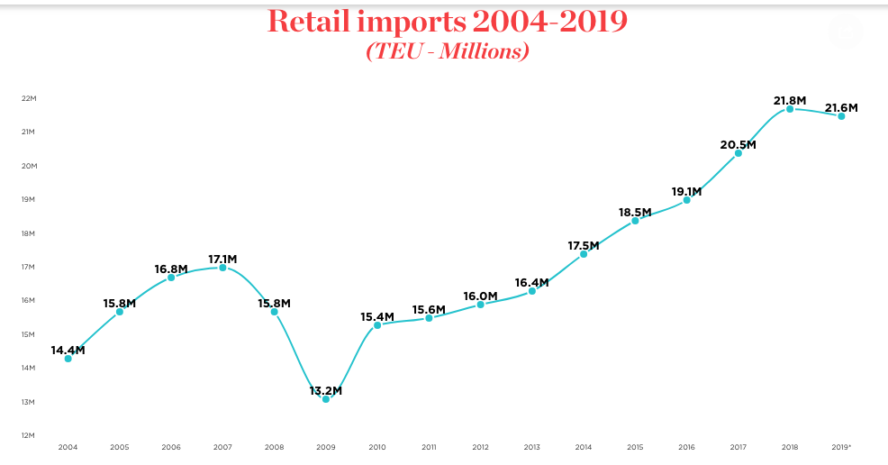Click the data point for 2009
tap(326, 398)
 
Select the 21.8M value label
tap(790, 100)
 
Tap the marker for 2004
tap(68, 359)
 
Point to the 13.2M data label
tap(326, 391)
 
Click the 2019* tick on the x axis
tap(842, 447)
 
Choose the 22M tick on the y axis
tap(28, 98)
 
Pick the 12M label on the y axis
tap(28, 435)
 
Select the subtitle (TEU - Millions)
tap(447, 51)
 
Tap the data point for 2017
tap(738, 153)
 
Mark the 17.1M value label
tap(222, 259)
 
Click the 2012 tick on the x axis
tap(480, 447)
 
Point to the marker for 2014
tap(584, 254)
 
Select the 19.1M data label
tap(686, 191)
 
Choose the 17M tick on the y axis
tap(28, 267)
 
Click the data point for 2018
tap(790, 109)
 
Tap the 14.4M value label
tap(68, 350)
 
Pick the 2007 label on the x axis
tap(222, 447)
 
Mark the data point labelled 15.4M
tap(377, 324)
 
